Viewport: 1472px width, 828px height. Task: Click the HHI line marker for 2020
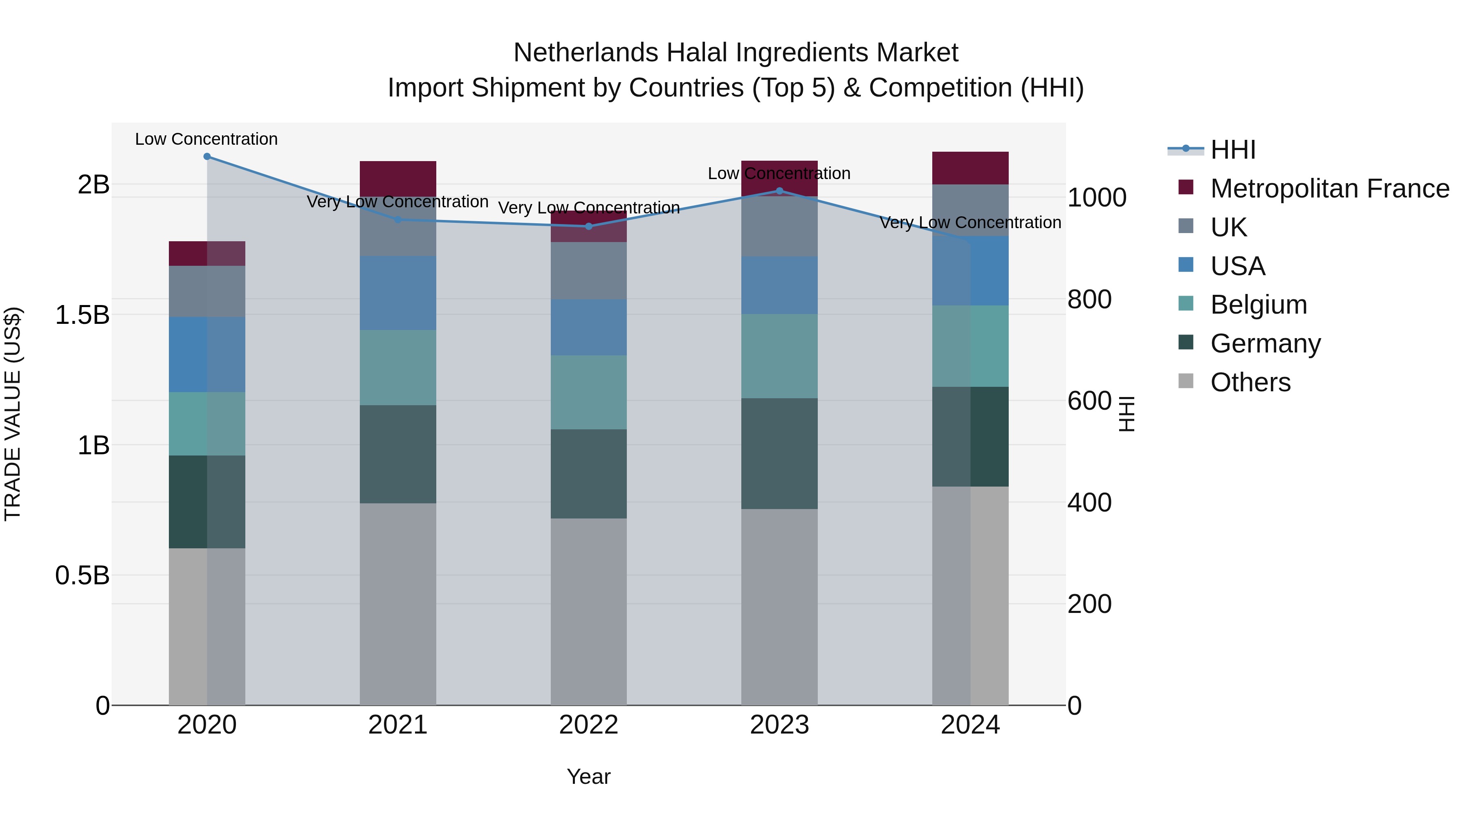[x=207, y=157]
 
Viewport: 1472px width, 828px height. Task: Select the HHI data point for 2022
[x=588, y=226]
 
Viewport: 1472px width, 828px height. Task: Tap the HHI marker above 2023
[x=779, y=191]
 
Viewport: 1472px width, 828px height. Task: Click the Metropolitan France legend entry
[x=1329, y=188]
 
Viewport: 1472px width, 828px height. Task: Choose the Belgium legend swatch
[x=1186, y=304]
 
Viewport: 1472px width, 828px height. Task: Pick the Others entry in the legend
[x=1250, y=382]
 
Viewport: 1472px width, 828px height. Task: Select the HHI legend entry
[x=1232, y=150]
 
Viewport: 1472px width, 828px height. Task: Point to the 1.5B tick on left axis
[x=82, y=315]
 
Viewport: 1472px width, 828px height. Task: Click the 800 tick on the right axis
[x=1089, y=299]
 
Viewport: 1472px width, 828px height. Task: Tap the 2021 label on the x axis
[x=398, y=725]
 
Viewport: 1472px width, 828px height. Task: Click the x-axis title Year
[x=588, y=776]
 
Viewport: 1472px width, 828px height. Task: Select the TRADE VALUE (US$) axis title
[x=13, y=414]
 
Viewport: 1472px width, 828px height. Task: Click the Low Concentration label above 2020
[x=206, y=139]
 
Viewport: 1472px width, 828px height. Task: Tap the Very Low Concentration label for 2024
[x=970, y=222]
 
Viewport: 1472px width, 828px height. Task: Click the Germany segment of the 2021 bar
[x=398, y=454]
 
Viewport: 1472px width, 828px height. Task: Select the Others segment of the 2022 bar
[x=588, y=611]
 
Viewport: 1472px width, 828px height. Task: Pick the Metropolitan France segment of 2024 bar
[x=970, y=168]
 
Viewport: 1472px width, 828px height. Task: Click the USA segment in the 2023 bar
[x=779, y=285]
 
